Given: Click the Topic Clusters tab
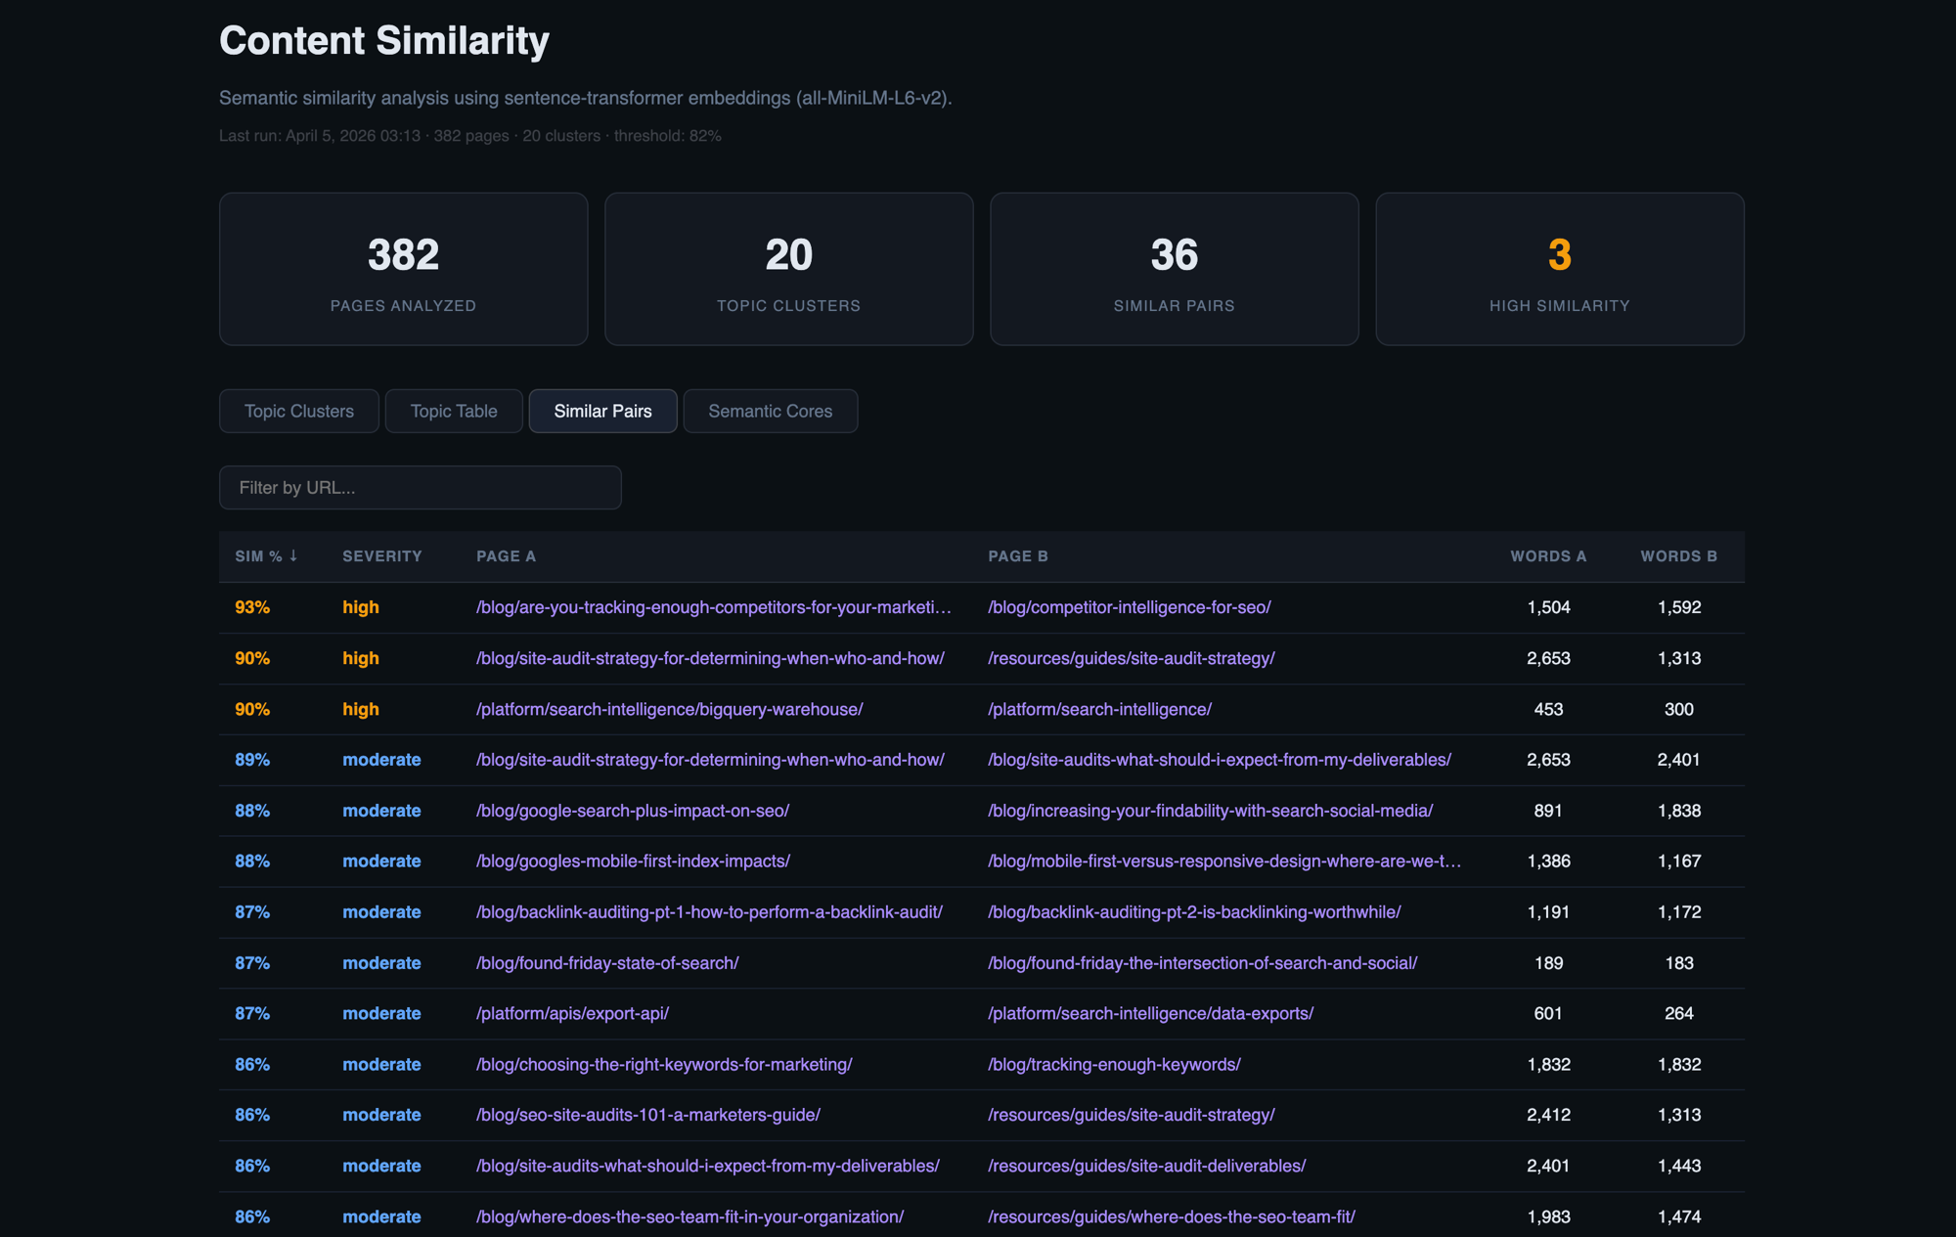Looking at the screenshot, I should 299,411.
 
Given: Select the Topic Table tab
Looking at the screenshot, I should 454,411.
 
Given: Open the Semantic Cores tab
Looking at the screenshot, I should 771,411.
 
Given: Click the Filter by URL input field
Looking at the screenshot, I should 421,487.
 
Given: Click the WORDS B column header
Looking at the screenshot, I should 1678,556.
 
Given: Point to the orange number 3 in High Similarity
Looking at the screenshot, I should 1559,255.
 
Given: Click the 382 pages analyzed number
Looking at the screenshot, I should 403,255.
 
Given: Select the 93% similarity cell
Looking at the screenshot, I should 252,607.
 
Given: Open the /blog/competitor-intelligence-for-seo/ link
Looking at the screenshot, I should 1130,607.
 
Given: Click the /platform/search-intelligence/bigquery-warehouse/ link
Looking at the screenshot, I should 669,709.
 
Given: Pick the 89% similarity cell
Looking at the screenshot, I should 252,760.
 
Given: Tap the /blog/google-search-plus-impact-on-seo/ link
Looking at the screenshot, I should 633,811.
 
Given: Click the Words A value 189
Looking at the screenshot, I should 1548,963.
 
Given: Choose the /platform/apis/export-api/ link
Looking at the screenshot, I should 572,1014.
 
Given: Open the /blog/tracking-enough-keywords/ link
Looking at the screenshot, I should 1114,1065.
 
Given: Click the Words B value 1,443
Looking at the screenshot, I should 1678,1166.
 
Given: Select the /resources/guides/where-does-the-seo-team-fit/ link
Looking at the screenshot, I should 1172,1216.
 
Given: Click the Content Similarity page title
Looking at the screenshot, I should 384,41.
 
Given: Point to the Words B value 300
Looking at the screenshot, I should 1678,709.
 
